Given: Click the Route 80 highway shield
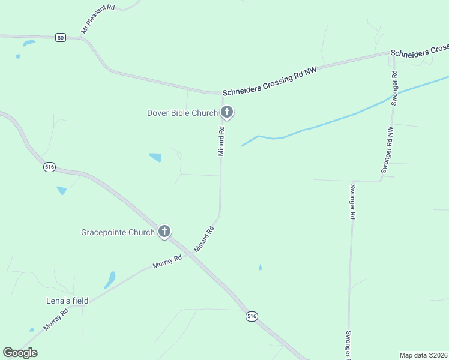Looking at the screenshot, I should click(x=60, y=37).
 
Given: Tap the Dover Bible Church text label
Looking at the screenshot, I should click(x=182, y=113).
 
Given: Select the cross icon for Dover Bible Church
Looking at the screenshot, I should click(x=227, y=112).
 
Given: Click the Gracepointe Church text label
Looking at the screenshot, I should click(x=118, y=232).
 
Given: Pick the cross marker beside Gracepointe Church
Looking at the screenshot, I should click(x=164, y=232).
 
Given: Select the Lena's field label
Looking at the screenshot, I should click(x=68, y=301).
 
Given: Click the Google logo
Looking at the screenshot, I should click(x=20, y=353).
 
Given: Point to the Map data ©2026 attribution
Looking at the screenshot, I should click(x=424, y=355).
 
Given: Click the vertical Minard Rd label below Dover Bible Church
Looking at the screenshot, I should click(x=221, y=141).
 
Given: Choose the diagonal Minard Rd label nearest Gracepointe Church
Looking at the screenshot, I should click(x=204, y=239).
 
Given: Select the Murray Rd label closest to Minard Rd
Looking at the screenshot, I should click(x=167, y=262).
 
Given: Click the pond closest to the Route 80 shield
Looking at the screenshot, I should click(x=28, y=43).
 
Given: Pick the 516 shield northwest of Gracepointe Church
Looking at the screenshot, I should click(x=49, y=167).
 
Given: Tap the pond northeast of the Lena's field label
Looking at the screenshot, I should click(x=110, y=280).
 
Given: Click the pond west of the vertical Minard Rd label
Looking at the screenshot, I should click(x=155, y=157).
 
